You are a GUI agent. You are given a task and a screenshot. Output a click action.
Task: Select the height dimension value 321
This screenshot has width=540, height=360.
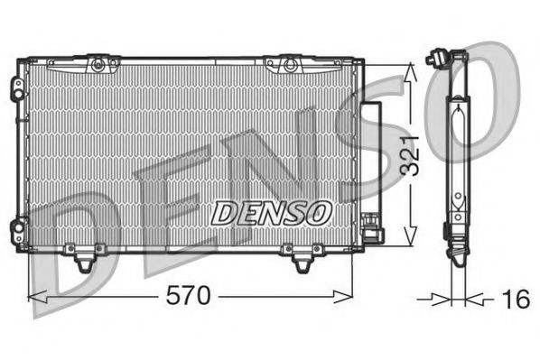(413, 155)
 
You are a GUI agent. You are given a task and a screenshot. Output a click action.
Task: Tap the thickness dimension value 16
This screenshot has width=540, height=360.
(516, 299)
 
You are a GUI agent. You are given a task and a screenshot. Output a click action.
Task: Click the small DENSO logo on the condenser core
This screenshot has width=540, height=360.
(271, 213)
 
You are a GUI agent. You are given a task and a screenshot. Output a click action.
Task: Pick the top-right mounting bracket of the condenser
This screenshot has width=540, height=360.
(288, 63)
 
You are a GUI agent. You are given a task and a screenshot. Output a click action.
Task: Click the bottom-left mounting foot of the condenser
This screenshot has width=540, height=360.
(86, 260)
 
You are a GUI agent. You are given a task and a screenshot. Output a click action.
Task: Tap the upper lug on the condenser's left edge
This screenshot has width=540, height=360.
(17, 88)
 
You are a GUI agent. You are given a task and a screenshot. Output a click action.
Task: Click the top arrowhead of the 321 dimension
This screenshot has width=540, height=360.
(413, 68)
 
